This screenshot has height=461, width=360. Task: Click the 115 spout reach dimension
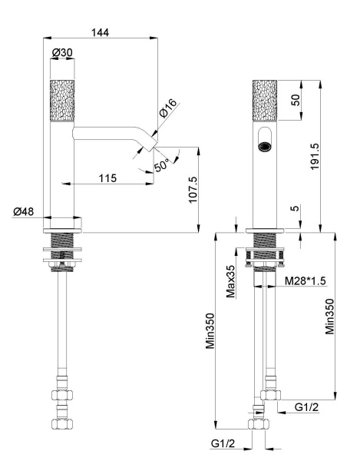pyautogui.click(x=107, y=177)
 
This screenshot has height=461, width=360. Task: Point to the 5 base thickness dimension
pyautogui.click(x=296, y=209)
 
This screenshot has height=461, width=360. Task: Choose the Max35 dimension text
pyautogui.click(x=230, y=280)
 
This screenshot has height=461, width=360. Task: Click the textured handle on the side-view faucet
pyautogui.click(x=61, y=98)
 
